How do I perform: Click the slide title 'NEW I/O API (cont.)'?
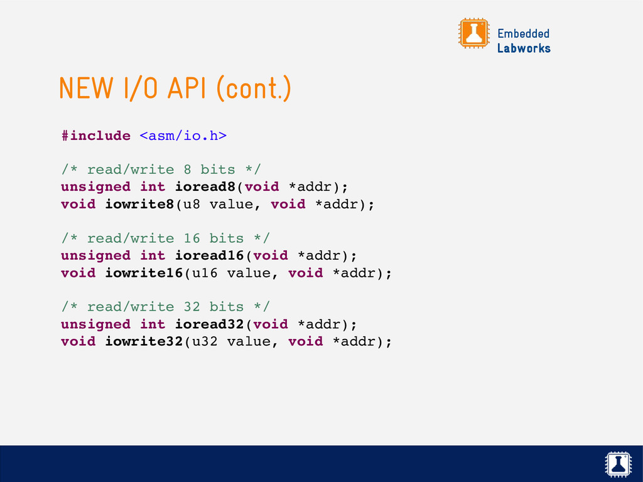[x=175, y=89]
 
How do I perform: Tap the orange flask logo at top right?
[x=473, y=33]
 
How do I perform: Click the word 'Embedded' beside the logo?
[x=523, y=33]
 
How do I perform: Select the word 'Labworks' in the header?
[x=524, y=48]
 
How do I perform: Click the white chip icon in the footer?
[x=619, y=464]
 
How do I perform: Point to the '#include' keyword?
[x=95, y=136]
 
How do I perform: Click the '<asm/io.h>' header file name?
[x=183, y=136]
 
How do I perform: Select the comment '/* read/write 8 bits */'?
[x=161, y=169]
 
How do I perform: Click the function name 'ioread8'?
[x=209, y=187]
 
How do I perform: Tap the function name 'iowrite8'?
[x=139, y=204]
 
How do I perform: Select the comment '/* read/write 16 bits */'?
[x=165, y=238]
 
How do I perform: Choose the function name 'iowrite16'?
[x=144, y=273]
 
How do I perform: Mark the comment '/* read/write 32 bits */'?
[x=165, y=307]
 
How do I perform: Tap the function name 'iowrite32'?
[x=144, y=341]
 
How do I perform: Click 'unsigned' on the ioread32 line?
[x=95, y=324]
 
